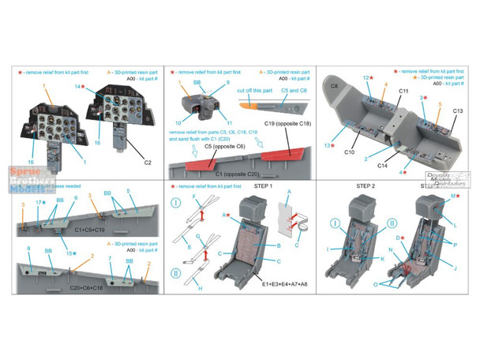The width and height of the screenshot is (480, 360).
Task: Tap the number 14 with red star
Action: pyautogui.click(x=80, y=86)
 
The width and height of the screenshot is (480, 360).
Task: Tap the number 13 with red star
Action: pyautogui.click(x=329, y=145)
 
